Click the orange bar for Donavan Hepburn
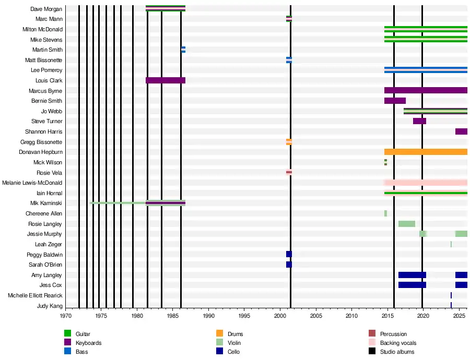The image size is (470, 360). pos(426,152)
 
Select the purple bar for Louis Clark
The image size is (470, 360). pos(166,80)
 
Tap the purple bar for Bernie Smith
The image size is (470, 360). pos(395,101)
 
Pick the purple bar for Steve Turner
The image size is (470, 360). pos(420,121)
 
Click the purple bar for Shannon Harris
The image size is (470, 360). pos(461,131)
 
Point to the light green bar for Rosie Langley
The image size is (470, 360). pos(407,224)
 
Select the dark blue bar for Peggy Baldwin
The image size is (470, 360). pos(289,254)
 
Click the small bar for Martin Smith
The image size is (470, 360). pos(183,50)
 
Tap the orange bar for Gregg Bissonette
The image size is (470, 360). pos(289,142)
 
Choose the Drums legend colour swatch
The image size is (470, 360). pos(219,333)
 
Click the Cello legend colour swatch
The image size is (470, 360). pos(219,351)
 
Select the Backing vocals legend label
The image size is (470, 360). pos(398,343)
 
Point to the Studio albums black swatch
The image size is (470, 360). pos(372,351)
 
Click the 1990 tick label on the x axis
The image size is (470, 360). pos(208,316)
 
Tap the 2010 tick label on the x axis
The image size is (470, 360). pos(351,316)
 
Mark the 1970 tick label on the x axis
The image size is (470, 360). pos(66,316)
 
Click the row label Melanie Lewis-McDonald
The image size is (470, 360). pos(32,183)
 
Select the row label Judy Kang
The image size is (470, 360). pos(50,306)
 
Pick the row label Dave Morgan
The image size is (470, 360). pos(46,9)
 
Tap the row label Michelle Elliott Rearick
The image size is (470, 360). pos(35,295)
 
